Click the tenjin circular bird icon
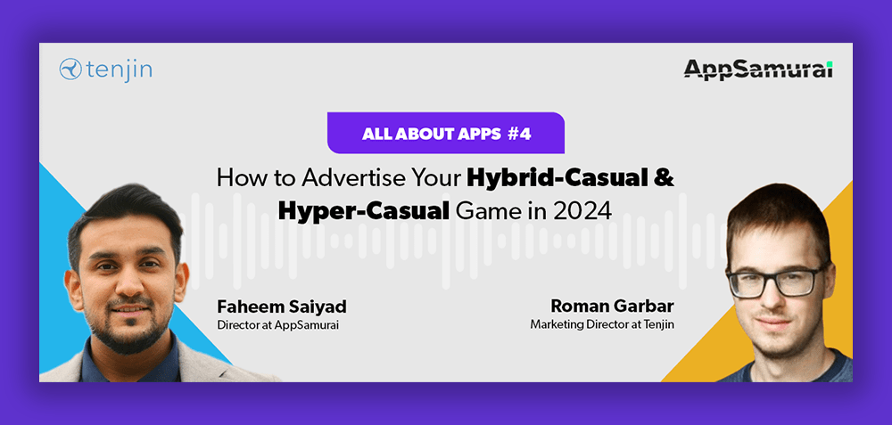coord(70,69)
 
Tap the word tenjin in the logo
coord(120,69)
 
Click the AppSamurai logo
coord(758,69)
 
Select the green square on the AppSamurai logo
coord(830,63)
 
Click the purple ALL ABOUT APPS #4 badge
coord(445,133)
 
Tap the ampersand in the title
coord(665,178)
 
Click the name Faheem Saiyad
coord(282,307)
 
